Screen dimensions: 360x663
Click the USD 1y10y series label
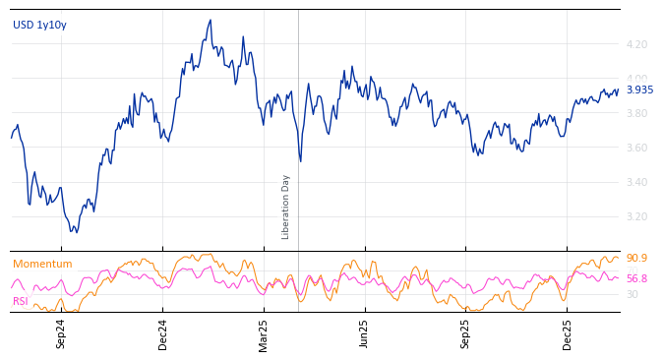pyautogui.click(x=39, y=26)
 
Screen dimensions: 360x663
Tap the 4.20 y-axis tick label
pyautogui.click(x=636, y=44)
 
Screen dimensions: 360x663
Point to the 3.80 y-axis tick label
pyautogui.click(x=636, y=113)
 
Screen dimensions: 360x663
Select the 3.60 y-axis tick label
pyautogui.click(x=636, y=148)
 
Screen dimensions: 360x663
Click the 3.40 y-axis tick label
pyautogui.click(x=636, y=182)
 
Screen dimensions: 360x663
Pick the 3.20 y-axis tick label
pyautogui.click(x=636, y=216)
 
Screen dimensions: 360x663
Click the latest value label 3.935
pyautogui.click(x=639, y=90)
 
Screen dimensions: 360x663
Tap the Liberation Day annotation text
pyautogui.click(x=286, y=207)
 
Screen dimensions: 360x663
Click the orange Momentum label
pyautogui.click(x=42, y=265)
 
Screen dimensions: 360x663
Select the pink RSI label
pyautogui.click(x=21, y=302)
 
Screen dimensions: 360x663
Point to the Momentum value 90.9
pyautogui.click(x=636, y=259)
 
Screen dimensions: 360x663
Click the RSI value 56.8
pyautogui.click(x=636, y=279)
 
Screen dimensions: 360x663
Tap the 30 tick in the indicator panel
pyautogui.click(x=632, y=294)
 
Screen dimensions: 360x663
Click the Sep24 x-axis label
pyautogui.click(x=61, y=333)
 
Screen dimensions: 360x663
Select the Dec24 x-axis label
pyautogui.click(x=163, y=333)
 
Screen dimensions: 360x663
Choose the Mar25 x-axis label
pyautogui.click(x=264, y=333)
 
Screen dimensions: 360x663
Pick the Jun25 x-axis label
pyautogui.click(x=364, y=333)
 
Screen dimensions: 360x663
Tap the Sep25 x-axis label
pyautogui.click(x=465, y=333)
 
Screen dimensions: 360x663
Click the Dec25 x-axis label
pyautogui.click(x=568, y=333)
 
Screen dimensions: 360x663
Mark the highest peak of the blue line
pyautogui.click(x=211, y=20)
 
